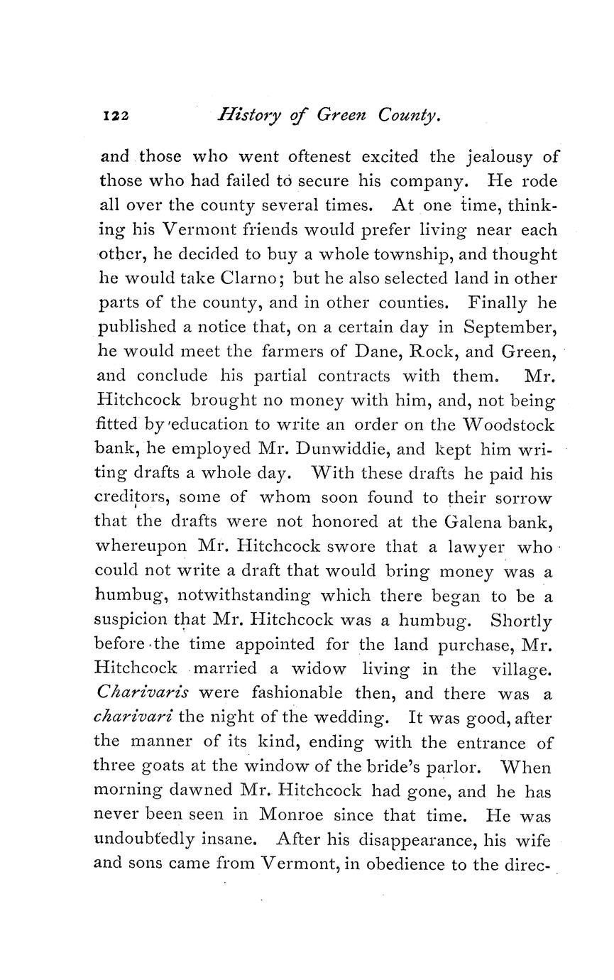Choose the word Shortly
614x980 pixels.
point(521,620)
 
